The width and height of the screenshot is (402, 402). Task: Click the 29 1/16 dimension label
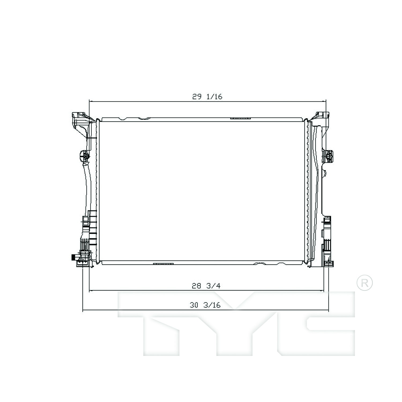(207, 96)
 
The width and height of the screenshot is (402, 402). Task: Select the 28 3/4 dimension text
(206, 286)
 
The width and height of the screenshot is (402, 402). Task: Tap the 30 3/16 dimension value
(205, 305)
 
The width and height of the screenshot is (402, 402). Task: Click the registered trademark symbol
(365, 283)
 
